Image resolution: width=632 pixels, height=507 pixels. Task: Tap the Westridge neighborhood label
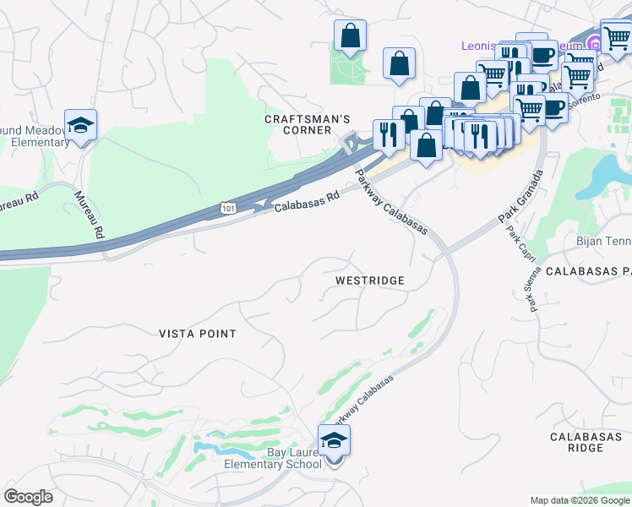tap(369, 280)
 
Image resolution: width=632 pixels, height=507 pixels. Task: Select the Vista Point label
tap(198, 334)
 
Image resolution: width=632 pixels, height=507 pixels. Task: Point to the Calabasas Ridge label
tap(576, 442)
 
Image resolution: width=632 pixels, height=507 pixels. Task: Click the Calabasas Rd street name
tap(306, 200)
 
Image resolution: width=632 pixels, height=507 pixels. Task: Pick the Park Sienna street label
tap(535, 292)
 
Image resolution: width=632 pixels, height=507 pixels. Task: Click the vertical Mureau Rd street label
tap(89, 215)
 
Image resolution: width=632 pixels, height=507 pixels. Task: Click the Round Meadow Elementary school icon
tap(80, 126)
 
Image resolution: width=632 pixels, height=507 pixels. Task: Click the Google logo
tap(28, 497)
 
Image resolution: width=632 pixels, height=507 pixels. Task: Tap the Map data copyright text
tap(580, 500)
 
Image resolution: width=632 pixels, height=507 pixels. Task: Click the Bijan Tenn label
tap(603, 243)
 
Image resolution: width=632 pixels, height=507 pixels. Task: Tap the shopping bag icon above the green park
tap(350, 36)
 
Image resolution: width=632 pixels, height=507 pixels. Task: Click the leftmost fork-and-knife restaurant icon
tap(389, 134)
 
